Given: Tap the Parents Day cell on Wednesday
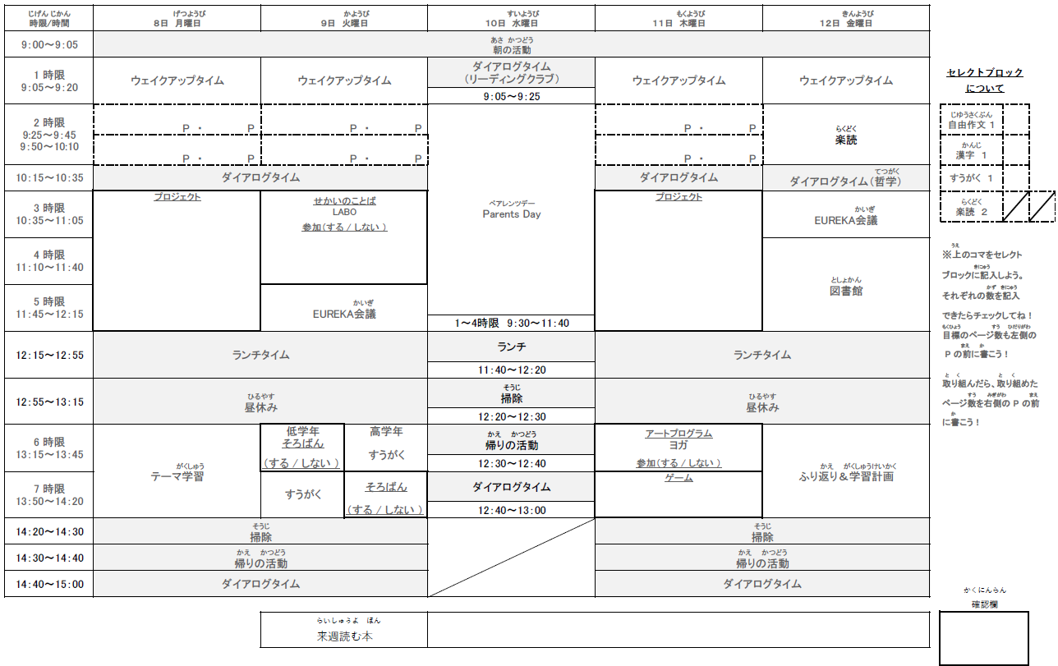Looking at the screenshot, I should pyautogui.click(x=511, y=214).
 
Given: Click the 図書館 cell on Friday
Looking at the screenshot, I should pyautogui.click(x=845, y=291).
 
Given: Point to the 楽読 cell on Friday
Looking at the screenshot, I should pyautogui.click(x=845, y=140).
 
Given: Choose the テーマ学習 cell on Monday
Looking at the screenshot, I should pyautogui.click(x=177, y=476).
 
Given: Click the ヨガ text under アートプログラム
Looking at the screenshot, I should pyautogui.click(x=678, y=445).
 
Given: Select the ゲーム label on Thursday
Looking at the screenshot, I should pyautogui.click(x=678, y=478).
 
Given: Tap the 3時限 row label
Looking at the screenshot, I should pyautogui.click(x=48, y=214).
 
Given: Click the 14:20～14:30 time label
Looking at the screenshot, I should pyautogui.click(x=48, y=531).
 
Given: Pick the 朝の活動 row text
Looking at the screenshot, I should pyautogui.click(x=511, y=50).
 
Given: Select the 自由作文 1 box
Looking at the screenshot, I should pyautogui.click(x=972, y=124).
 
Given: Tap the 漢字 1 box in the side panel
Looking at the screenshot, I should pyautogui.click(x=972, y=154).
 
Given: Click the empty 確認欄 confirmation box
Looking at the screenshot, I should pyautogui.click(x=984, y=639).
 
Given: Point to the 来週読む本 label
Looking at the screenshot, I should pyautogui.click(x=343, y=636).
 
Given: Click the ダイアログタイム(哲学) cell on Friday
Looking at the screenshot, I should pyautogui.click(x=845, y=181).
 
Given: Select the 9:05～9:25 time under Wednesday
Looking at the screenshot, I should pyautogui.click(x=511, y=96).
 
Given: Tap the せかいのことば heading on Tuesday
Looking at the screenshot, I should pyautogui.click(x=344, y=200).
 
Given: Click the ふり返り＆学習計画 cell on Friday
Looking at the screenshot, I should pyautogui.click(x=845, y=476).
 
